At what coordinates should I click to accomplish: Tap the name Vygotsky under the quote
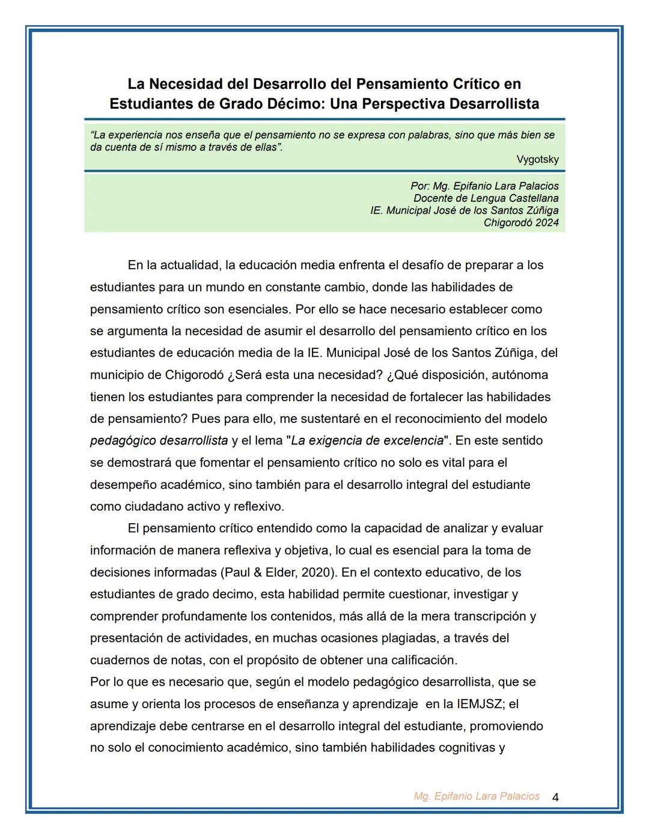537,160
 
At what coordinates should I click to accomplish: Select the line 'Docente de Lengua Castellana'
486,198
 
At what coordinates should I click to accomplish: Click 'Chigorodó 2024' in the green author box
521,223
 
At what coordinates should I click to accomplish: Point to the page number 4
555,798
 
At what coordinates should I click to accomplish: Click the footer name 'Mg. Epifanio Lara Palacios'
477,796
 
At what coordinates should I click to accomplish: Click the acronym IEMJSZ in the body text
479,704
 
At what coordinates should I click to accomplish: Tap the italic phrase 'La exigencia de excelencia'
367,441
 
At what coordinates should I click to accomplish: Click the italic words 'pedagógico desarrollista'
159,441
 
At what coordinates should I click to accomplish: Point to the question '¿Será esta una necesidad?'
305,375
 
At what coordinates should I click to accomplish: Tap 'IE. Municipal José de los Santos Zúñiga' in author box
464,210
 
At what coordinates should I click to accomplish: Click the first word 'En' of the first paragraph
136,265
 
